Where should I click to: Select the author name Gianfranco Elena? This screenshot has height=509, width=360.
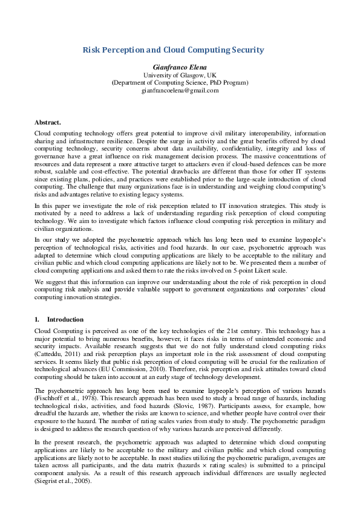point(180,66)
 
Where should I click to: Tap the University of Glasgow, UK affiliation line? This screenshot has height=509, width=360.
point(180,74)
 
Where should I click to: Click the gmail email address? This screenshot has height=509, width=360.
point(180,90)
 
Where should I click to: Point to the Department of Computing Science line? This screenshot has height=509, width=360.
point(180,82)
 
